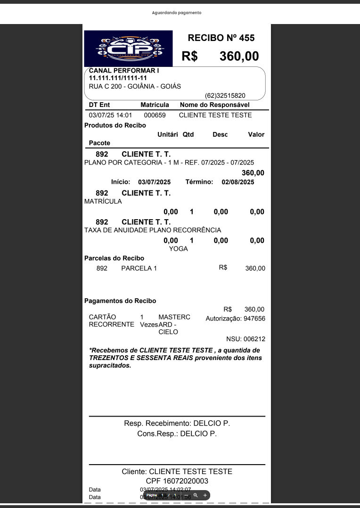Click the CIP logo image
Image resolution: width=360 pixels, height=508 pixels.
pyautogui.click(x=129, y=49)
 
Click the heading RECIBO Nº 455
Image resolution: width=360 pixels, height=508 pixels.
pyautogui.click(x=221, y=38)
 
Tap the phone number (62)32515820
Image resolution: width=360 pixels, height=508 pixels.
pyautogui.click(x=225, y=95)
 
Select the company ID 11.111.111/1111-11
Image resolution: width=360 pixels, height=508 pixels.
pyautogui.click(x=118, y=78)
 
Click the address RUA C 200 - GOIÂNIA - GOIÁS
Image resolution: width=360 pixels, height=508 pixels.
pyautogui.click(x=135, y=86)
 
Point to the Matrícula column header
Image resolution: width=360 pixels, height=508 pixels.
pyautogui.click(x=155, y=105)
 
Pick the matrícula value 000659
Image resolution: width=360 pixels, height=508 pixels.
pyautogui.click(x=155, y=115)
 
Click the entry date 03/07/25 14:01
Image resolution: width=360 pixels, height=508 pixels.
pyautogui.click(x=110, y=115)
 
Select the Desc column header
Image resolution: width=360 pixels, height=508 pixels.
pyautogui.click(x=220, y=135)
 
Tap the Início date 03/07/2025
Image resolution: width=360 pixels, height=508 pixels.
pyautogui.click(x=154, y=182)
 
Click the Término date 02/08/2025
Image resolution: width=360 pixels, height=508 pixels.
pyautogui.click(x=237, y=182)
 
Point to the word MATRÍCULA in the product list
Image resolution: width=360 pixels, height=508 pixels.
pyautogui.click(x=103, y=201)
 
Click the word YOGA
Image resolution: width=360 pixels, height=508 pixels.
pyautogui.click(x=178, y=249)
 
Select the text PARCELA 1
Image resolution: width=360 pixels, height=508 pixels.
pyautogui.click(x=139, y=268)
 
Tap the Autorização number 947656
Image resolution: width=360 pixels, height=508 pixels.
pyautogui.click(x=254, y=319)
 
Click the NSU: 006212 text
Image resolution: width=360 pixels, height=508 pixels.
pyautogui.click(x=245, y=339)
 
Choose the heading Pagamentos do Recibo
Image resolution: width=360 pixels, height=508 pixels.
pyautogui.click(x=120, y=301)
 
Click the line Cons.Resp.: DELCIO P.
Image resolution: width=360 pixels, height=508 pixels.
pyautogui.click(x=177, y=434)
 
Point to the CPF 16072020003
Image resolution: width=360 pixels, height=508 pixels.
pyautogui.click(x=177, y=481)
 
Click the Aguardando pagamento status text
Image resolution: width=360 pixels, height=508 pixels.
pyautogui.click(x=177, y=13)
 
